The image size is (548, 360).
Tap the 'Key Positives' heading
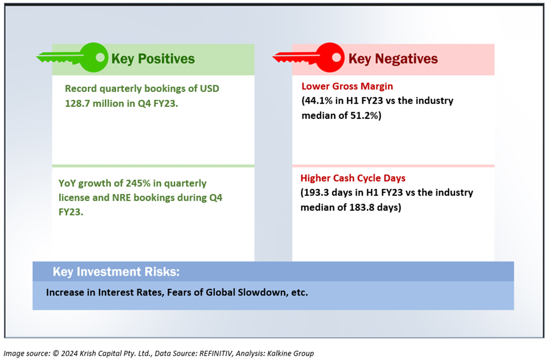coord(153,59)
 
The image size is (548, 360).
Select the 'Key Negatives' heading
coord(393,59)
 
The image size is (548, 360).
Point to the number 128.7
coord(77,104)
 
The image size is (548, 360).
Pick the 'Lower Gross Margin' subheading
coord(347,86)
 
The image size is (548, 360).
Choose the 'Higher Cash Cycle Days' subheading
coord(353,178)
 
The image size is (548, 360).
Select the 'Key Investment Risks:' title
coord(116,272)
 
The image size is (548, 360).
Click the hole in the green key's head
coord(100,57)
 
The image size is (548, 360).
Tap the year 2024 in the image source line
coord(70,353)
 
